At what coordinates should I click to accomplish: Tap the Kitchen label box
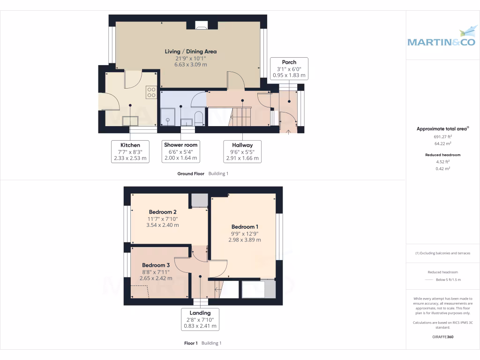click(x=130, y=151)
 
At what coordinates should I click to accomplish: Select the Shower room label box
click(x=180, y=151)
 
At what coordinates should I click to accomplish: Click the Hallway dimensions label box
click(x=241, y=151)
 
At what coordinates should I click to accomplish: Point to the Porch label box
click(x=289, y=68)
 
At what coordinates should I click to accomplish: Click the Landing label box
click(x=200, y=319)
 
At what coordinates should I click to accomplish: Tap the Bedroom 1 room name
click(x=244, y=226)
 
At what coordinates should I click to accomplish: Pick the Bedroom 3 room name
click(x=156, y=265)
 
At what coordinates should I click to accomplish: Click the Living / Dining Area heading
click(x=190, y=51)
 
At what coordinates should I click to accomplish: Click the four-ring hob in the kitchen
click(x=151, y=92)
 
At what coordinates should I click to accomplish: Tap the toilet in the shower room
click(x=198, y=119)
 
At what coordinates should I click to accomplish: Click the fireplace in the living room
click(x=201, y=25)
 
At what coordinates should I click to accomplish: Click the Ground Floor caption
click(x=191, y=173)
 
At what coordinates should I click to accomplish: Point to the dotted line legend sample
click(x=429, y=280)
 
